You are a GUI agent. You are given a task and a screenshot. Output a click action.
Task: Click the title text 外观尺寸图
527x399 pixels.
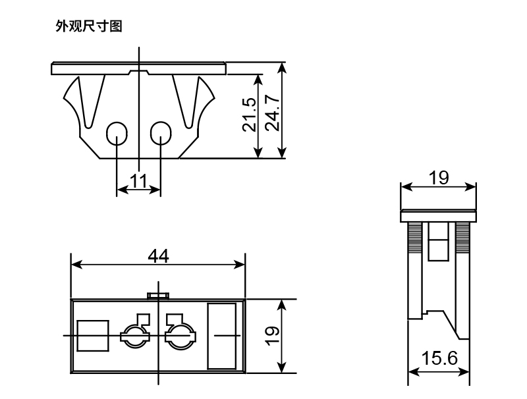tap(89, 27)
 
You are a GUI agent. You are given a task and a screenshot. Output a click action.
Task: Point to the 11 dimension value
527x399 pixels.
tap(138, 181)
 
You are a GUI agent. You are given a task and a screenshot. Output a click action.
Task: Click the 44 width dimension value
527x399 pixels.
tap(158, 255)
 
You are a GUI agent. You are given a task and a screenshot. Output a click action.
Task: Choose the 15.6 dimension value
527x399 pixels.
tap(439, 359)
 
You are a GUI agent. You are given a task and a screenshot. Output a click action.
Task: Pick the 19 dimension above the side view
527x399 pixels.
tap(439, 178)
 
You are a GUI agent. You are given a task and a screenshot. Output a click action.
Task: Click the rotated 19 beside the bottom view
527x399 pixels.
tap(271, 335)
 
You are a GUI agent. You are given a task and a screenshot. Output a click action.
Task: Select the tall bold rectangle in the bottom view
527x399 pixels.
tap(222, 336)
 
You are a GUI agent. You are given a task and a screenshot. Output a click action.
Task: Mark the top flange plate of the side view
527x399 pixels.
tap(439, 215)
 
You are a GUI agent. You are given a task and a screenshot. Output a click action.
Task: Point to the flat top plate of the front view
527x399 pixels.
tap(138, 68)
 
